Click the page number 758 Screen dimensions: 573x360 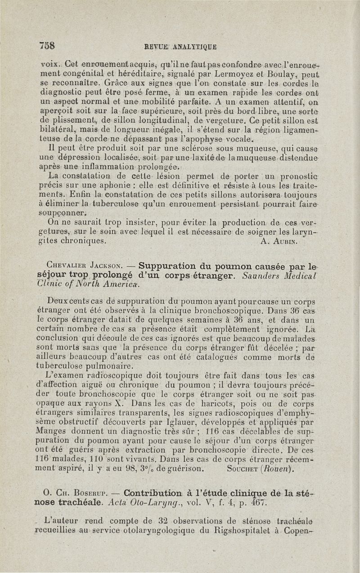47,45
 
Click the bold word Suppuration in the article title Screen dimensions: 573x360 167,265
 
